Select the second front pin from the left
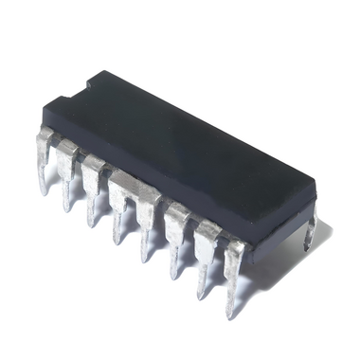click(x=67, y=171)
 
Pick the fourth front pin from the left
click(x=119, y=202)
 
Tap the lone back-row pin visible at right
click(x=310, y=232)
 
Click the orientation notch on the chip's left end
click(x=86, y=87)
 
